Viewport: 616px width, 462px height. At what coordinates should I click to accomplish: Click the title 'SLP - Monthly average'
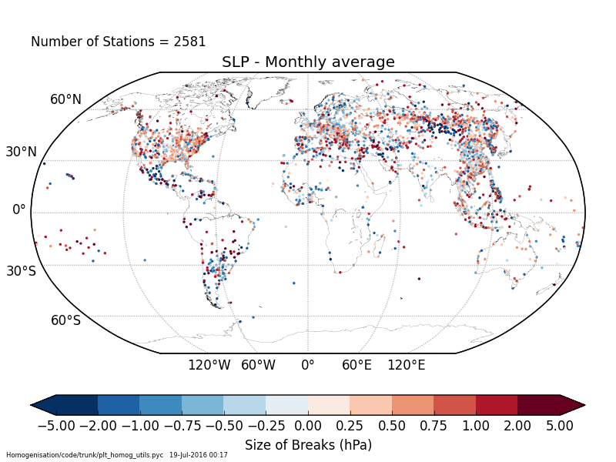tap(308, 62)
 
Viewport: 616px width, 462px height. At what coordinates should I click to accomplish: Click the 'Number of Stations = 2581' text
tap(119, 42)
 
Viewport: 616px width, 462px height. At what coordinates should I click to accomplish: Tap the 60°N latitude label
tap(65, 99)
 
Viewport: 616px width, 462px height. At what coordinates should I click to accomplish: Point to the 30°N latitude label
tap(21, 152)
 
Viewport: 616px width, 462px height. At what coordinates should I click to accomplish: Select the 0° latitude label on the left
tap(19, 209)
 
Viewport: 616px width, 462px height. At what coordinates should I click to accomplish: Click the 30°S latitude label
tap(21, 271)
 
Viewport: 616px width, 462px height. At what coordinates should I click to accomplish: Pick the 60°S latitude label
tap(65, 320)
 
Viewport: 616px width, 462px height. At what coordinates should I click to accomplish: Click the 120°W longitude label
tap(209, 365)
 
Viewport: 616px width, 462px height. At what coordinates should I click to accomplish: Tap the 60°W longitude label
tap(258, 365)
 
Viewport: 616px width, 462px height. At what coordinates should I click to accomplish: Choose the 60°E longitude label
tap(357, 365)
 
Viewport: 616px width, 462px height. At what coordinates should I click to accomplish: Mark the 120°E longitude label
tap(406, 365)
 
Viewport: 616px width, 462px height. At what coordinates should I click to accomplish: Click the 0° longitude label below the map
tap(308, 365)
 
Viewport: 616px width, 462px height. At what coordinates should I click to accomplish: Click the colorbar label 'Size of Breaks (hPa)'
tap(308, 445)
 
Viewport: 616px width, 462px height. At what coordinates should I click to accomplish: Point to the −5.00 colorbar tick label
tap(55, 425)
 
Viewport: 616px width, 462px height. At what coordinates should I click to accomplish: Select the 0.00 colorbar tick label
tap(308, 425)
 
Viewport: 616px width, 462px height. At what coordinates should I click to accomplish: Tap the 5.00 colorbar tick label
tap(560, 425)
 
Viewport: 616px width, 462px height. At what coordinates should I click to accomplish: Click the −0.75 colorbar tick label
tap(181, 425)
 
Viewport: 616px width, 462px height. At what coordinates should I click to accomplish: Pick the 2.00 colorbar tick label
tap(517, 425)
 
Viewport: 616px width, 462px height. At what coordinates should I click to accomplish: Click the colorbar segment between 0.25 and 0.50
tap(370, 405)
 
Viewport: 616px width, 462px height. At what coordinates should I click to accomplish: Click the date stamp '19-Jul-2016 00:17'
tap(199, 455)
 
